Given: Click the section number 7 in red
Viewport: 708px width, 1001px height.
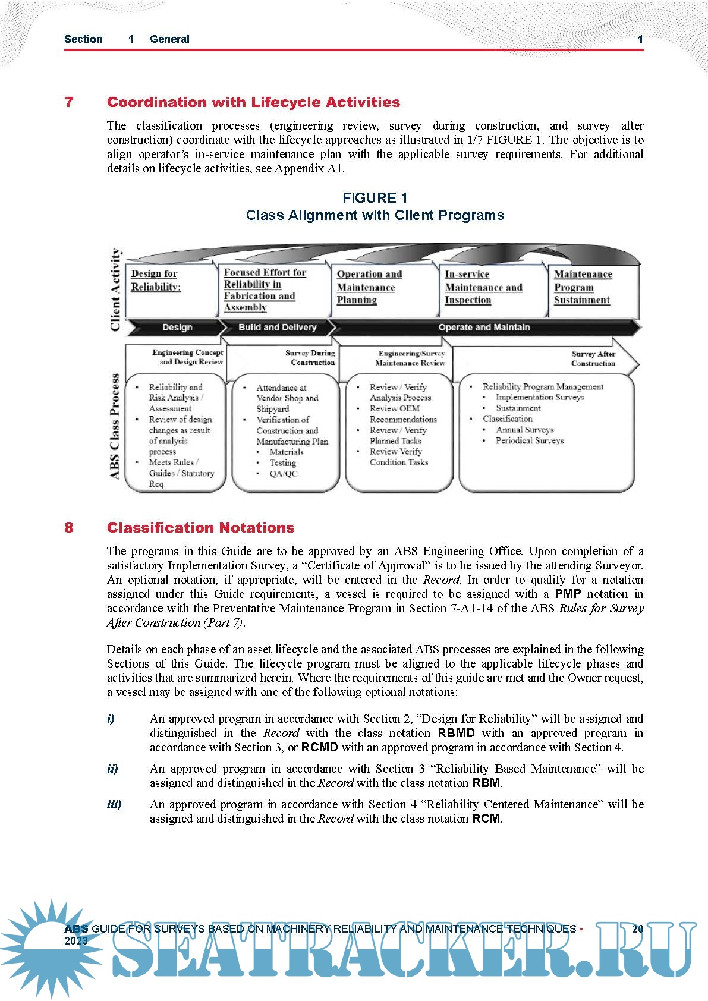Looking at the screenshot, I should coord(69,102).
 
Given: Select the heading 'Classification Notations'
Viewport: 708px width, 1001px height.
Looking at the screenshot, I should coord(200,528).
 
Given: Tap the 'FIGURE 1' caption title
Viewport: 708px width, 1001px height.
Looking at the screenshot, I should coord(375,198).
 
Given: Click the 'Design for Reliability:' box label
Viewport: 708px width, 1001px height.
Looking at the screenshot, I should coord(156,280).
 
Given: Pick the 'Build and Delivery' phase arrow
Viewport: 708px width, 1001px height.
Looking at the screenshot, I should coord(277,327).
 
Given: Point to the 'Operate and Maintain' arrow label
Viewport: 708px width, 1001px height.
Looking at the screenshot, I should coord(484,327).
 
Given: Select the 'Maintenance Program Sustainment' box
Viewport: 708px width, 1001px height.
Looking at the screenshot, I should coord(583,287).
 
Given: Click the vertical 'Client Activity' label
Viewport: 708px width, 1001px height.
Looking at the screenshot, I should coord(115,289).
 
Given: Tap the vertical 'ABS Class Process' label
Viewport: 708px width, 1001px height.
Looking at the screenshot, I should coord(115,426).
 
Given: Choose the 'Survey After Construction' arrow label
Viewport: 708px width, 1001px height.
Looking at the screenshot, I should coord(593,358).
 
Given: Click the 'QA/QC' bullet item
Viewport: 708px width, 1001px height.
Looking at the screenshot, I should coord(283,474).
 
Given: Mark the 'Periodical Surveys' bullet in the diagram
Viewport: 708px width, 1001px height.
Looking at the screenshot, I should coord(529,441).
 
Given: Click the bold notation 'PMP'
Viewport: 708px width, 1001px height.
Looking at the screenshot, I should coord(568,594).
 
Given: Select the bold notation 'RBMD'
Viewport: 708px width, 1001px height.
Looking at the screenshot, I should coord(456,733).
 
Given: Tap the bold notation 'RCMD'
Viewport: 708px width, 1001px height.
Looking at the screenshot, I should coord(319,747).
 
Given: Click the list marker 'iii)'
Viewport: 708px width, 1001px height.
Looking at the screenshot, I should coord(114,804).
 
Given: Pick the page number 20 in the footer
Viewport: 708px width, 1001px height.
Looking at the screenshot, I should coord(637,928).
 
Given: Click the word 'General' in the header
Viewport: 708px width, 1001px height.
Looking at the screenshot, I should coord(169,39).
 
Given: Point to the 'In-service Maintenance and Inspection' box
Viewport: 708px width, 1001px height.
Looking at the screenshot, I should coord(483,287).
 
